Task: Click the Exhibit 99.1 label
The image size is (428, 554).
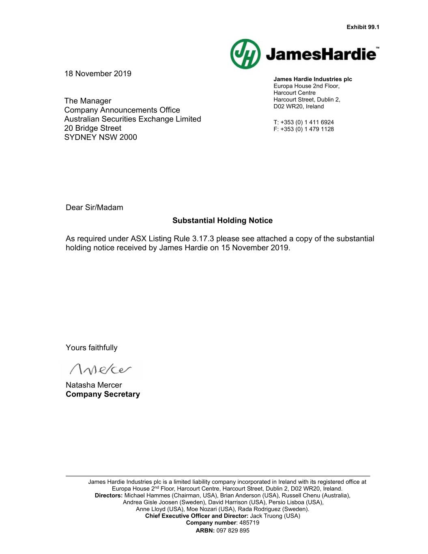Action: tap(363, 27)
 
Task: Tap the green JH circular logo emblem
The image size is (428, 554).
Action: tap(245, 54)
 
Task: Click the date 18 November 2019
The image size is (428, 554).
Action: tap(98, 73)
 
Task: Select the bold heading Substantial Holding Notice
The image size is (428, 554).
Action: tap(222, 220)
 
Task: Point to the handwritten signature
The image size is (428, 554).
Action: tap(101, 369)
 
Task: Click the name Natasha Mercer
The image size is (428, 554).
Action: tap(94, 385)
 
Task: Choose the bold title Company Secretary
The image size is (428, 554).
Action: tap(103, 394)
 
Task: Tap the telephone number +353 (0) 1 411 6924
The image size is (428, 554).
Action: tap(307, 122)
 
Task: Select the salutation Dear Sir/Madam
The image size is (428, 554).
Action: tap(94, 207)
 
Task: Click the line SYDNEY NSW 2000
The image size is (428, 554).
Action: tap(101, 137)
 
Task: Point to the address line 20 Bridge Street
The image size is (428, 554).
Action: tap(92, 128)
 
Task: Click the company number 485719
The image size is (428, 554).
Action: tap(249, 523)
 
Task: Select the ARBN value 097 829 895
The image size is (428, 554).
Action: tap(233, 530)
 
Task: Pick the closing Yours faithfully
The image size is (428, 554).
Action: tap(92, 347)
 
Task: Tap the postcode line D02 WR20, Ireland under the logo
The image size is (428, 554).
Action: tap(299, 106)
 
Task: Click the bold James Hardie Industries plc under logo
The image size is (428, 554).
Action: tap(313, 79)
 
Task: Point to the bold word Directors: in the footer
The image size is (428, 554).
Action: tap(109, 495)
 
